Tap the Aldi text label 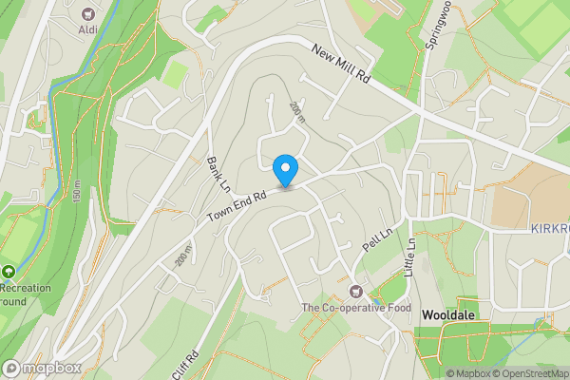[89, 29]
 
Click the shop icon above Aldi [89, 13]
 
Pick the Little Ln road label [411, 256]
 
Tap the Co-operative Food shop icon [357, 290]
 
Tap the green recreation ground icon [9, 271]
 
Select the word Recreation [24, 287]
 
